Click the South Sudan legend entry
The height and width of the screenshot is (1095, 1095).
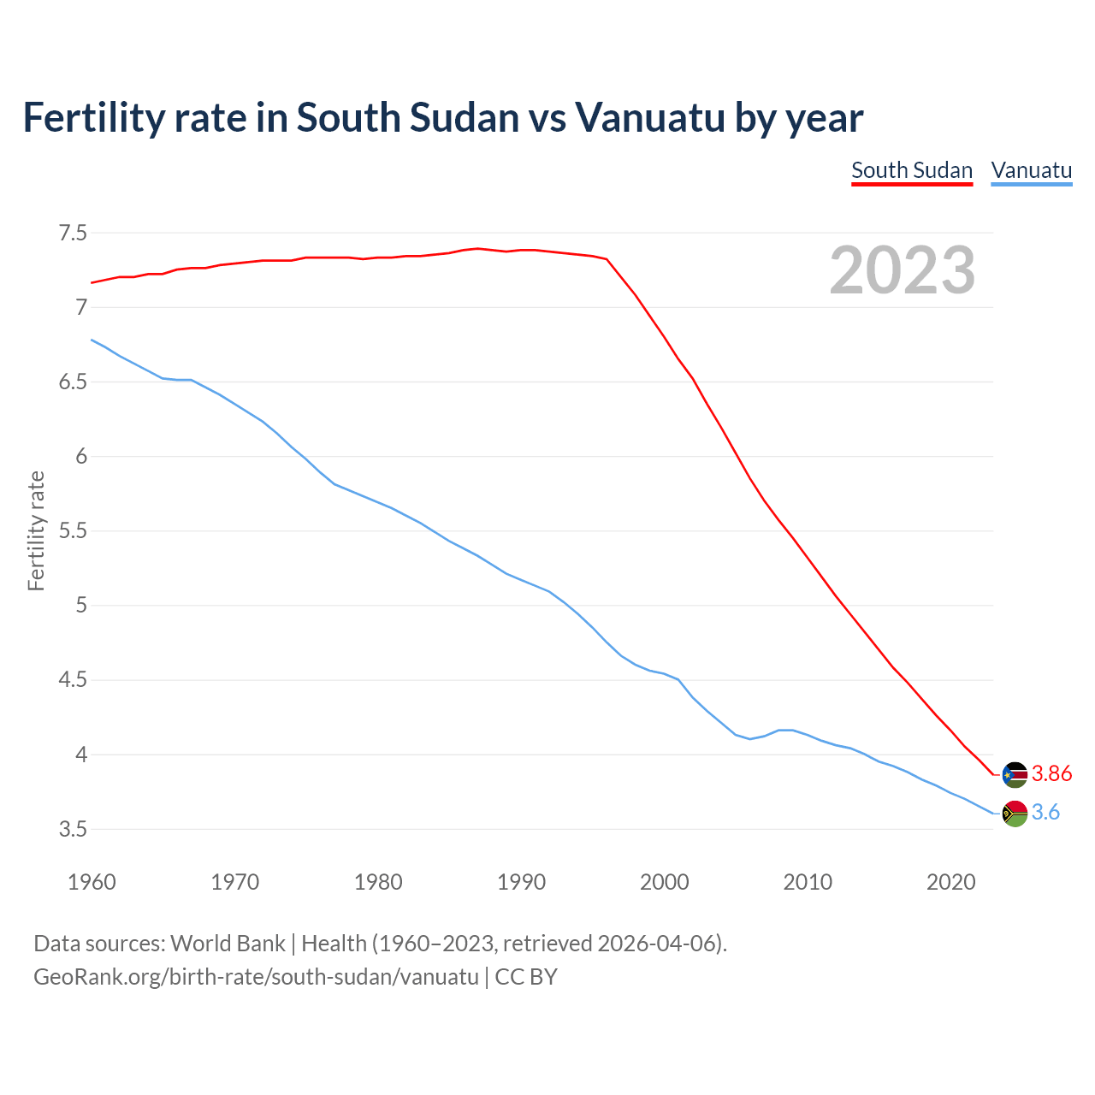(x=912, y=170)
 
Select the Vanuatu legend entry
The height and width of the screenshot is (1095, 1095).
(x=1031, y=170)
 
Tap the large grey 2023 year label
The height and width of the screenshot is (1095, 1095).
(x=903, y=270)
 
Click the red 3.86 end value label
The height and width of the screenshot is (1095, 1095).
(x=1051, y=774)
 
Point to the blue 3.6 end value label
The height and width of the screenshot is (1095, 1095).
(x=1045, y=813)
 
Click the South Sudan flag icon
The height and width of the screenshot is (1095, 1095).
(x=1015, y=774)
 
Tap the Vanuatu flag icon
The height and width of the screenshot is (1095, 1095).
(x=1015, y=813)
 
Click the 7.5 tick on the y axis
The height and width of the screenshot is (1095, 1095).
(x=73, y=233)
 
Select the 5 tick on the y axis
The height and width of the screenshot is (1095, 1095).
(x=81, y=606)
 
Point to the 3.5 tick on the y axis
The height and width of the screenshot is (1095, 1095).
(x=73, y=830)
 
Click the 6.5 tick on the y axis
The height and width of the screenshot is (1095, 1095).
(x=73, y=382)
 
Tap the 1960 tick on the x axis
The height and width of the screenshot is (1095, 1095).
(x=92, y=882)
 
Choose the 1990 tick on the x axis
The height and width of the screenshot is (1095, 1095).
(x=521, y=882)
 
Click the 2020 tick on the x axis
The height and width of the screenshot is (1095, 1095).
(x=950, y=882)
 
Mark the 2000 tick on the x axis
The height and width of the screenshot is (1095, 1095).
(x=664, y=882)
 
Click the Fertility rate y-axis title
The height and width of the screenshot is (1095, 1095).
(x=36, y=530)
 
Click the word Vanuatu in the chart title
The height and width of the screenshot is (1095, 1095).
(x=649, y=117)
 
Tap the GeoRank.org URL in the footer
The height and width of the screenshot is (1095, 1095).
(x=256, y=977)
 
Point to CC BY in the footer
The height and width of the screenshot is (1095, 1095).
(x=526, y=977)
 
